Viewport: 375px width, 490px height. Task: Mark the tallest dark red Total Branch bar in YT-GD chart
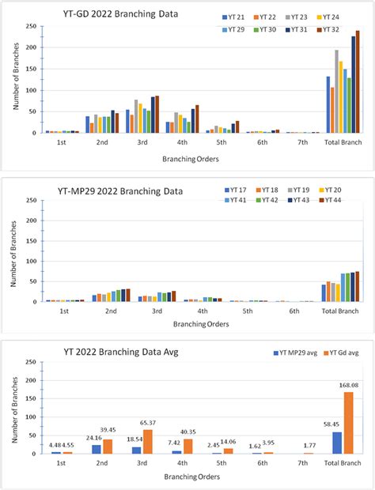click(x=358, y=82)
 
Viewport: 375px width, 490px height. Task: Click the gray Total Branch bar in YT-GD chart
click(x=336, y=92)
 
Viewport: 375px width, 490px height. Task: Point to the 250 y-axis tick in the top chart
click(x=30, y=27)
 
